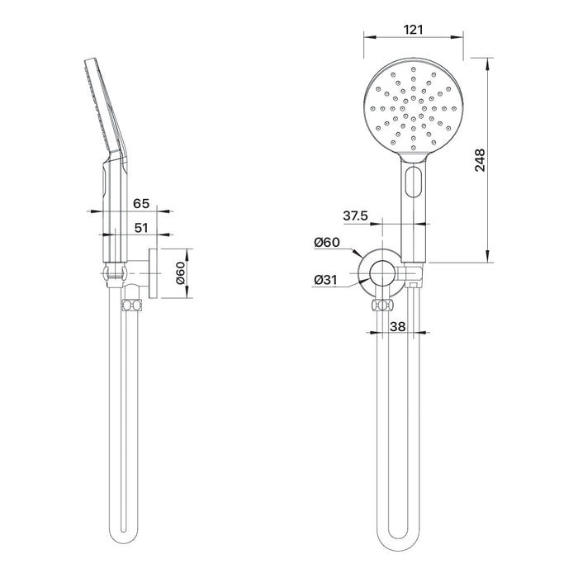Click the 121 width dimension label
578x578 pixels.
point(413,30)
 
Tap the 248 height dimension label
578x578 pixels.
point(480,160)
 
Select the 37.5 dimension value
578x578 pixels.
point(356,216)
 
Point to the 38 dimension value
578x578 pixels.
point(397,326)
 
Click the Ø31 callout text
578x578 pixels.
point(325,280)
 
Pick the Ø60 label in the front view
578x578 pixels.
point(327,242)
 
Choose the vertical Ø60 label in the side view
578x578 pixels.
point(180,273)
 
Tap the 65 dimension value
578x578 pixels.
point(141,203)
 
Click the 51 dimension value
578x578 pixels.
point(141,228)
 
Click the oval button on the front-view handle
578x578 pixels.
point(413,182)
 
